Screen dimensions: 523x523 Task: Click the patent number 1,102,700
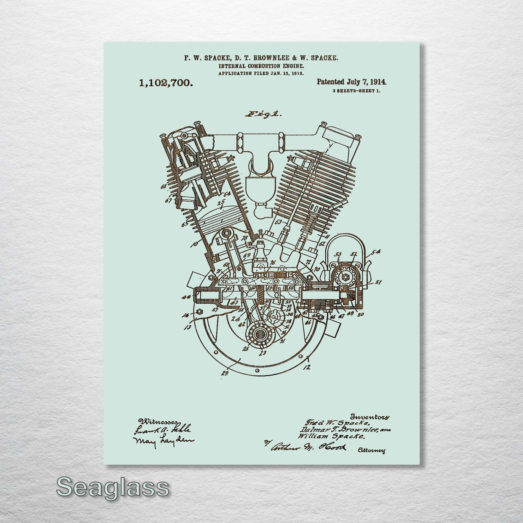coord(166,83)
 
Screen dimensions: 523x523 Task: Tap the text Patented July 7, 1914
coord(351,82)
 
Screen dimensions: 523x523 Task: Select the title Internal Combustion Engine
coord(261,66)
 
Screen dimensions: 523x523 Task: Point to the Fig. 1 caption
coord(263,114)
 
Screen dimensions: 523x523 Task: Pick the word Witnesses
coord(158,422)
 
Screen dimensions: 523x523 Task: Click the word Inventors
coord(370,417)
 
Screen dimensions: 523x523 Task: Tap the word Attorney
coord(371,451)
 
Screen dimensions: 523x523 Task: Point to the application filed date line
coord(261,73)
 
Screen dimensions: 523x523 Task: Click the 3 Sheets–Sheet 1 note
coord(356,91)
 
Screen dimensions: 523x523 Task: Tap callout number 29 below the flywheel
coord(225,373)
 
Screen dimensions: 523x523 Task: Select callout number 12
coord(307,367)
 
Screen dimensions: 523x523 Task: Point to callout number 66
coord(163,186)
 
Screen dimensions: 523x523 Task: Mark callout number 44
coord(186,297)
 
